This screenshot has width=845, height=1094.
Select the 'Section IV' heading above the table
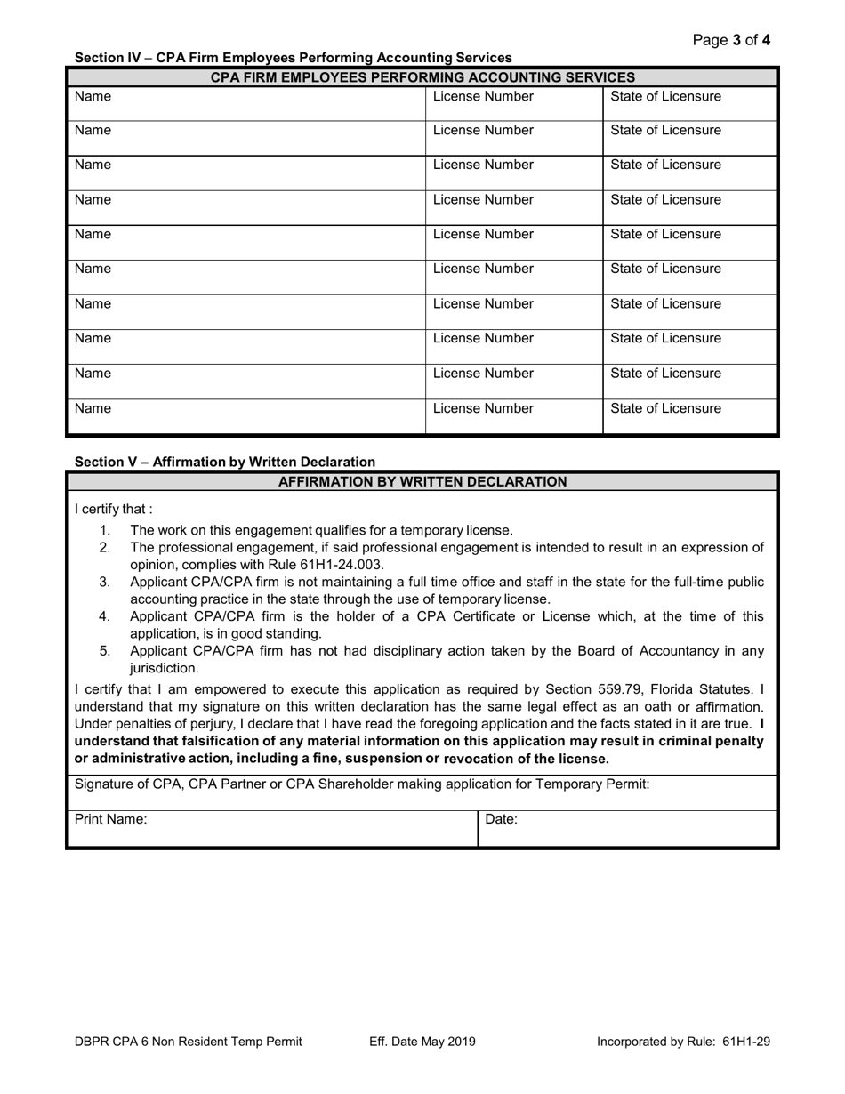tap(293, 58)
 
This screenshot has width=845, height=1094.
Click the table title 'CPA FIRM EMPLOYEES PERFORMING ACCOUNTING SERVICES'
tap(422, 77)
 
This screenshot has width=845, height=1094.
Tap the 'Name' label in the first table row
tap(93, 96)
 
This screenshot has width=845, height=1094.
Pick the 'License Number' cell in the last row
tap(483, 409)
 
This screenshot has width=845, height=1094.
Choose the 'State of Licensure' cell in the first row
tap(665, 96)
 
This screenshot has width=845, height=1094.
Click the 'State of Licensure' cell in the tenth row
tap(665, 409)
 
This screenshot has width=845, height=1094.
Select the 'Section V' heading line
tap(225, 462)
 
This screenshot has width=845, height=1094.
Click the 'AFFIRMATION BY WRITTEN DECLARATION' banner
tap(422, 482)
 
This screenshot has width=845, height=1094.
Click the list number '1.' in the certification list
tap(105, 531)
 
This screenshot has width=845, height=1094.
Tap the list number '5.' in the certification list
tap(105, 651)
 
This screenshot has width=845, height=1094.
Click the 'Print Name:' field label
tap(111, 820)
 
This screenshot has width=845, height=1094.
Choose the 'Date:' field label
tap(501, 820)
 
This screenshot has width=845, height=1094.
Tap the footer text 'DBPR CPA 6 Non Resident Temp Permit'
tap(189, 1042)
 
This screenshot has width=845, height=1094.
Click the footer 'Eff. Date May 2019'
tap(422, 1042)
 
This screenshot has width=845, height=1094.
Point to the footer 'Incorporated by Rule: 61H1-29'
tap(682, 1042)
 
